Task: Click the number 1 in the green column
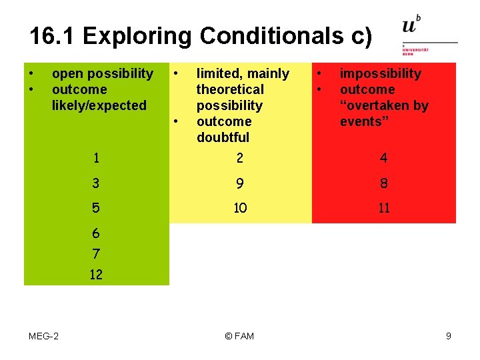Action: coord(97,158)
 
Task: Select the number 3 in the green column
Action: coord(97,183)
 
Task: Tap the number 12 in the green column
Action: coord(96,274)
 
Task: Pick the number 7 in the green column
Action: coord(96,253)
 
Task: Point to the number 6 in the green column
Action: coord(96,233)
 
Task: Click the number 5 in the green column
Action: coord(97,208)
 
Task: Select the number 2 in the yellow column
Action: coord(240,158)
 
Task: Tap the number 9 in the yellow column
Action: coord(240,183)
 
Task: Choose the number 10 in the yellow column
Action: coord(240,208)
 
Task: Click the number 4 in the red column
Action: coord(384,158)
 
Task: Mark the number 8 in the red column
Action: coord(384,183)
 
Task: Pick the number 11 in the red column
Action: coord(384,208)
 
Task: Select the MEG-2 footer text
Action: coord(43,336)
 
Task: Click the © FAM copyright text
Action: coord(239,336)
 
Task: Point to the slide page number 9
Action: coord(449,336)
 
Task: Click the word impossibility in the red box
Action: coord(381,73)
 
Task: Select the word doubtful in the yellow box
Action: coord(223,137)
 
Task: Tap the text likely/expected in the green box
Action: coord(99,105)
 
